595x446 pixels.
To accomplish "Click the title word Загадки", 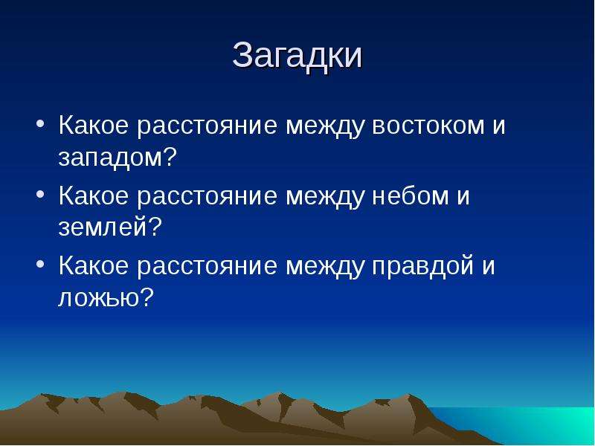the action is [297, 56].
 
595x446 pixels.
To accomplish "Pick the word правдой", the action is [422, 265].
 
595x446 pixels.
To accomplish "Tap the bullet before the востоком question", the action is [41, 123].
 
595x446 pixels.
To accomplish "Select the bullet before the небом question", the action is [41, 194].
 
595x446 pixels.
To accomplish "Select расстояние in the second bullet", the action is [207, 195].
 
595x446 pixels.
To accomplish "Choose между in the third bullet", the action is [324, 267].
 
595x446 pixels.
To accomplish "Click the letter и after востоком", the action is [499, 125].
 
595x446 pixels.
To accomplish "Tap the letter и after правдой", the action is [489, 266].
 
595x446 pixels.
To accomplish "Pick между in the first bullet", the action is [324, 126].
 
